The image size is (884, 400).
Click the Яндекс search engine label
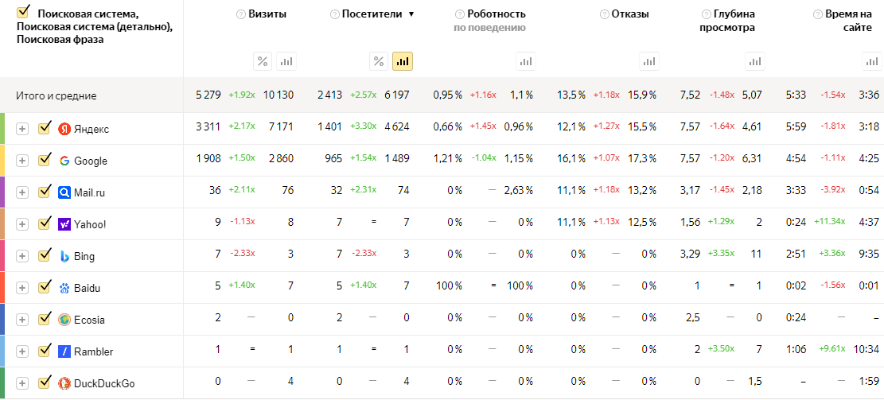91,129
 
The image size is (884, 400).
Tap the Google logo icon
64,161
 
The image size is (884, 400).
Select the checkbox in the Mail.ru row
45,192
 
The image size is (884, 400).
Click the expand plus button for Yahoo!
22,224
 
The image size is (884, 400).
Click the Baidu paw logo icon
64,288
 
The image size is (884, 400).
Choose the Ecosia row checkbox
45,319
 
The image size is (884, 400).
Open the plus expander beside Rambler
22,351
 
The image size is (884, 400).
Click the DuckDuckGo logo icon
64,383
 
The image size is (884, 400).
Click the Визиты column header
267,14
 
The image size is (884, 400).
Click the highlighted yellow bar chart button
403,61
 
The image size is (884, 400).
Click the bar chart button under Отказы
650,61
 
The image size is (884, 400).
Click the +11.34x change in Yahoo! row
831,224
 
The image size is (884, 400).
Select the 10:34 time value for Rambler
866,351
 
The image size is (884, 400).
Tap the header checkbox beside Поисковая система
23,12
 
